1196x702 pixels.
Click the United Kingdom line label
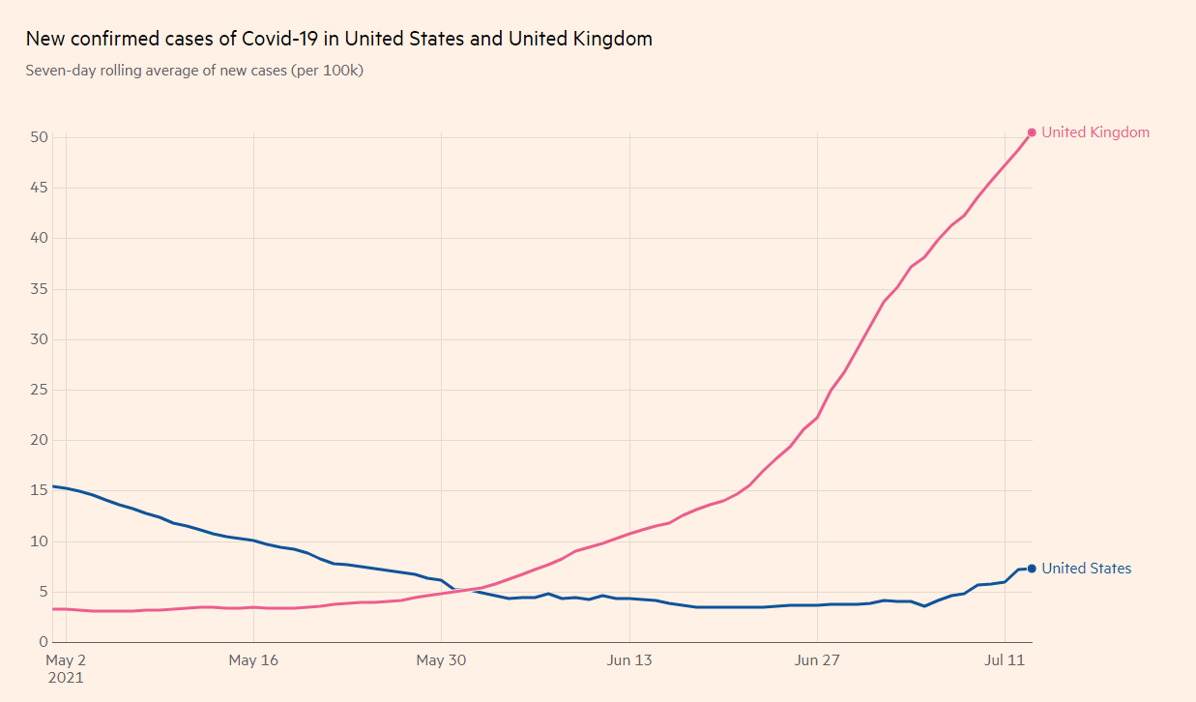click(1095, 132)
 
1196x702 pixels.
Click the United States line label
click(1086, 569)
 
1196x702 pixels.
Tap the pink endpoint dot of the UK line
click(1032, 132)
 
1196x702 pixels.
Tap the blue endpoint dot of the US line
click(1032, 569)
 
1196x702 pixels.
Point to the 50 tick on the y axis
click(39, 137)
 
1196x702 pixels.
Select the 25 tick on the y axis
click(39, 390)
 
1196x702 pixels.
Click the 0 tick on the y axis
click(44, 642)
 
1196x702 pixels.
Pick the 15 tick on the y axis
click(39, 490)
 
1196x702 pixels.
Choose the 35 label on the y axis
click(39, 289)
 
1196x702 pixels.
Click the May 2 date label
click(66, 660)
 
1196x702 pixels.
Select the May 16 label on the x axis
click(253, 660)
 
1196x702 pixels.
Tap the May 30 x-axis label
click(441, 660)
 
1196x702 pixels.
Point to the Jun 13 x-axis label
click(629, 660)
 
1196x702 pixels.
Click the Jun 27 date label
click(817, 660)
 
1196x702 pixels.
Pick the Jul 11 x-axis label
click(1005, 660)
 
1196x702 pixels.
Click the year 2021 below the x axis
click(66, 678)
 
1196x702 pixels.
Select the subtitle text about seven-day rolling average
click(194, 71)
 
